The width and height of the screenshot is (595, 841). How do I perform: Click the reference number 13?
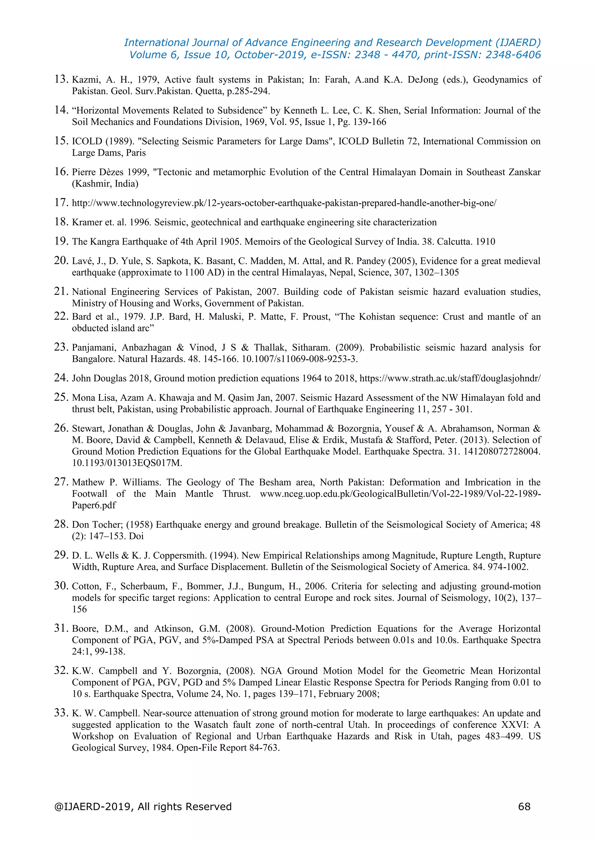(61, 79)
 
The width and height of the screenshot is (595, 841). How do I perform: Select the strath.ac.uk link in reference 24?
(449, 378)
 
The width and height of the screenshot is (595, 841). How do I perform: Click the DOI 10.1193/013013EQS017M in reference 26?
(127, 463)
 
